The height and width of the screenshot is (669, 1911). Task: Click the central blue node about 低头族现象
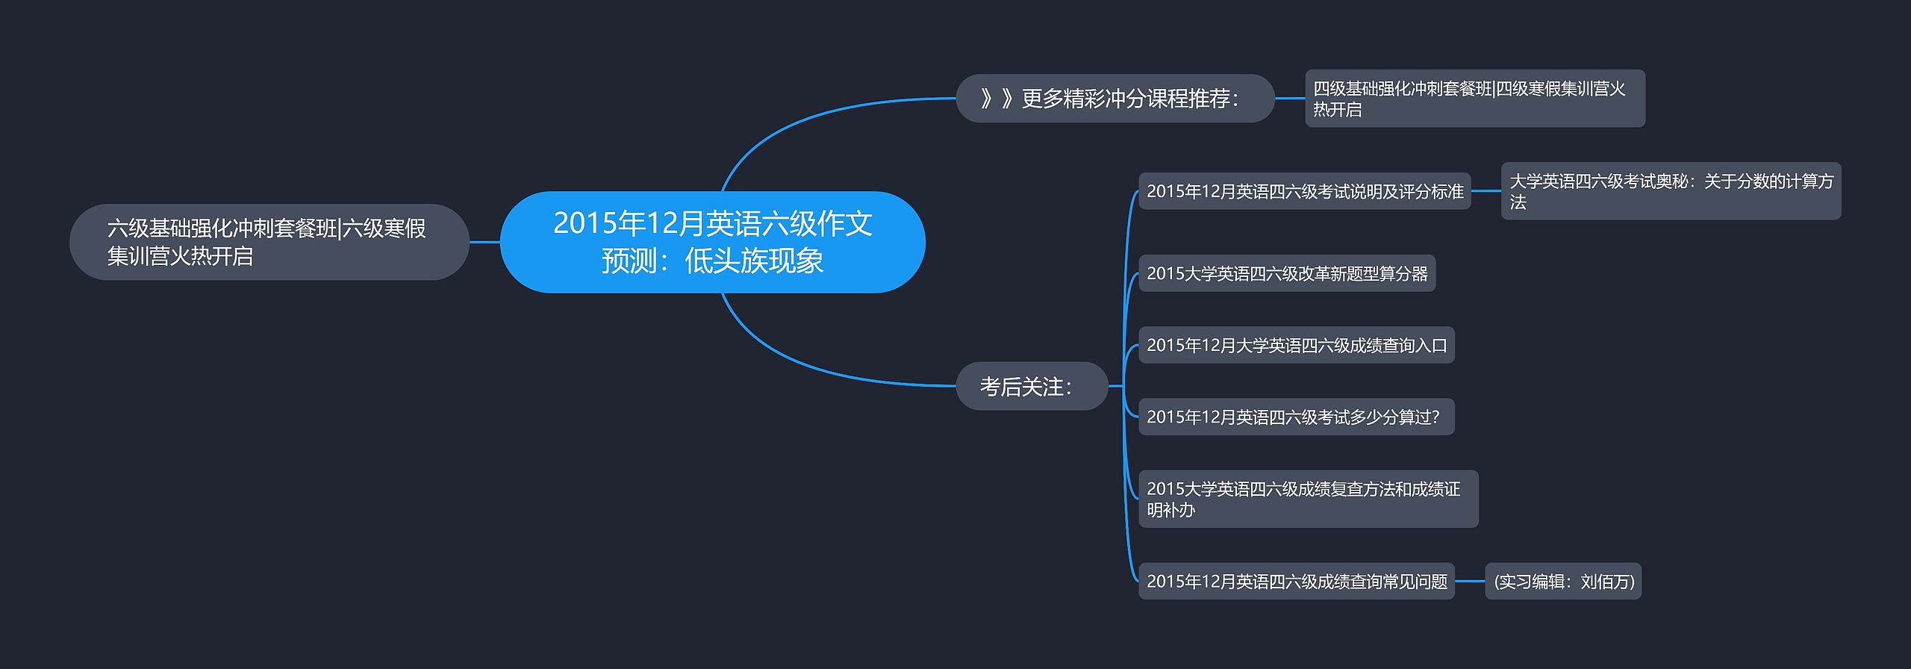click(x=712, y=241)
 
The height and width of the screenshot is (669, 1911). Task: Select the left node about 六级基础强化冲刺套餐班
click(x=269, y=242)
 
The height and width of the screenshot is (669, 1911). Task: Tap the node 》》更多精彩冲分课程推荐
click(x=1115, y=99)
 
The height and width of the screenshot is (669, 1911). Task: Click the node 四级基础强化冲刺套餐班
click(x=1474, y=99)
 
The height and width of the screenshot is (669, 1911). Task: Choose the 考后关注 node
click(x=1032, y=386)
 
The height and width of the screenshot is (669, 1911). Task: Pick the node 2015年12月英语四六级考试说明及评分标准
click(x=1304, y=191)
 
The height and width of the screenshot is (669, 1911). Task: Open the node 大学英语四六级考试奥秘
click(x=1671, y=191)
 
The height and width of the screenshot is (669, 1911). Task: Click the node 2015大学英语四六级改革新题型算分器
click(x=1286, y=273)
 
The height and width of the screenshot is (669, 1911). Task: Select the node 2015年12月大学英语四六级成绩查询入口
click(x=1296, y=345)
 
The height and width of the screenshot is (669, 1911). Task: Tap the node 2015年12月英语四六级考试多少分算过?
click(x=1296, y=417)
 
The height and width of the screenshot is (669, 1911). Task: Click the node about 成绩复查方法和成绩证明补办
click(x=1308, y=499)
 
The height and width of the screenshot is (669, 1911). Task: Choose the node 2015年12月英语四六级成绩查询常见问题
click(x=1296, y=581)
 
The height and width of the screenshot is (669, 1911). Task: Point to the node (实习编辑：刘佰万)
click(x=1563, y=581)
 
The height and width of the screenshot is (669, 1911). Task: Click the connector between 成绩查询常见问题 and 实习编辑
click(x=1470, y=581)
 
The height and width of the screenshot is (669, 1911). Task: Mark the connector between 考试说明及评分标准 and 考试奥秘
click(x=1486, y=191)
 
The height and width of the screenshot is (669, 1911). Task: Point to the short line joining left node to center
click(x=484, y=242)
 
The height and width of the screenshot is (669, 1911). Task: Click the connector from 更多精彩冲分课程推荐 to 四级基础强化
click(x=1289, y=99)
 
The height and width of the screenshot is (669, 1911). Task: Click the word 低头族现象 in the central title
click(x=754, y=261)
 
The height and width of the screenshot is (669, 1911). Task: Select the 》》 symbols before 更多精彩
click(x=997, y=99)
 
